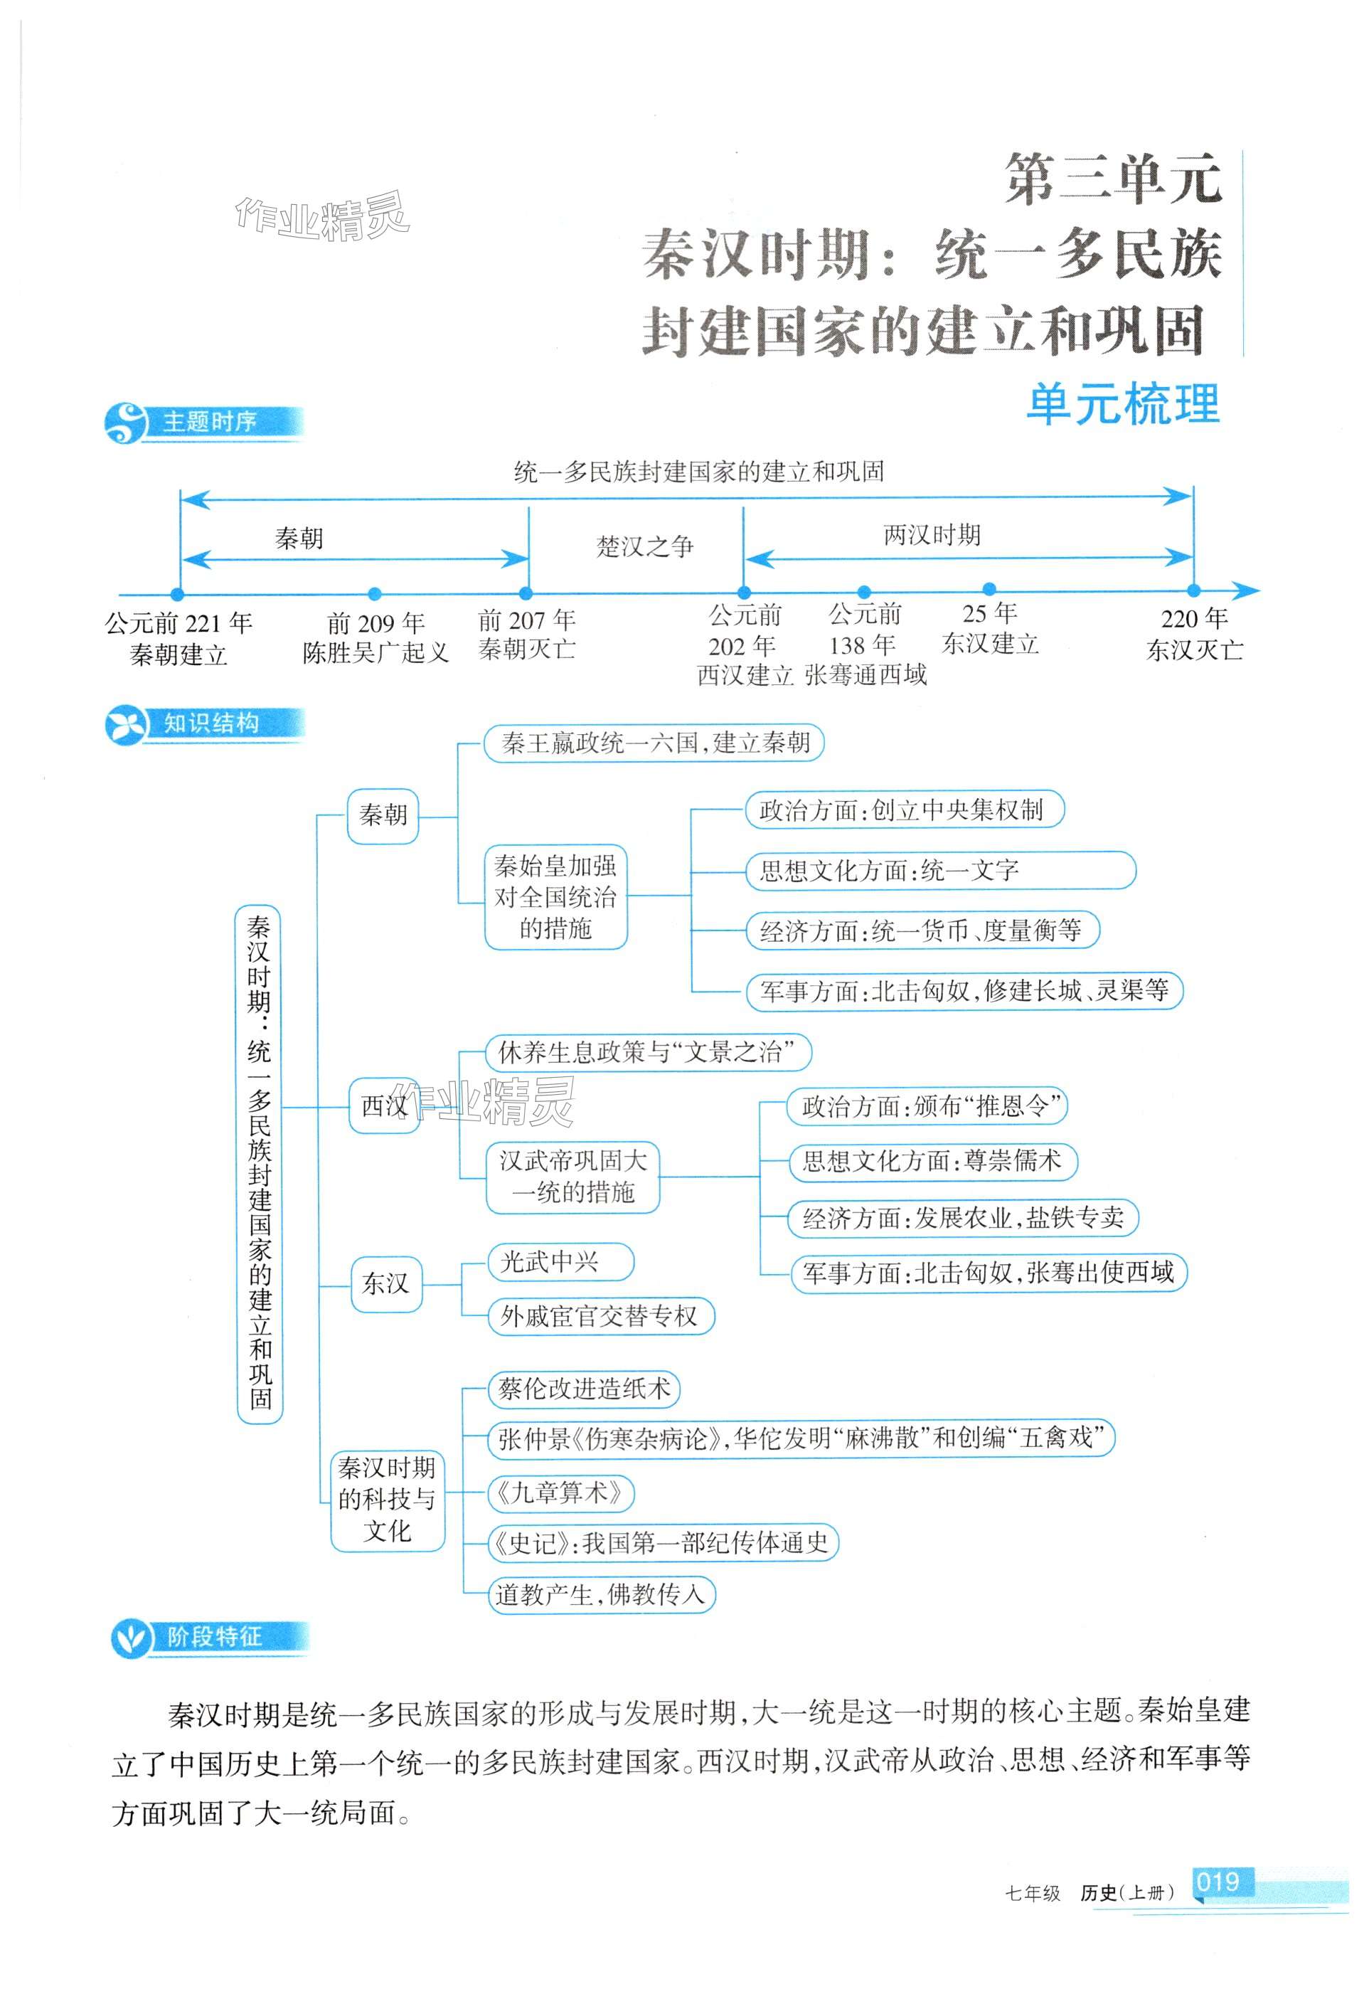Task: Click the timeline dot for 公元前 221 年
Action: [x=177, y=593]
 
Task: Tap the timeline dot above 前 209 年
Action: [x=374, y=593]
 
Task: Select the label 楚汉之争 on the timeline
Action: [x=645, y=546]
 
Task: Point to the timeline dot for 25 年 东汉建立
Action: [x=989, y=589]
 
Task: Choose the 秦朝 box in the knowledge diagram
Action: [x=383, y=815]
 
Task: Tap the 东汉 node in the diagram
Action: [x=385, y=1284]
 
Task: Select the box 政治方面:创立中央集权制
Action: [x=903, y=810]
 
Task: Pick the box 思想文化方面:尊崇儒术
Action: [x=932, y=1161]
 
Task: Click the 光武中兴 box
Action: [x=560, y=1262]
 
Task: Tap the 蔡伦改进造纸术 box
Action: [x=584, y=1389]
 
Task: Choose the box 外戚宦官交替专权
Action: [x=600, y=1316]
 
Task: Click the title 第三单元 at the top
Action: [x=1114, y=181]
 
